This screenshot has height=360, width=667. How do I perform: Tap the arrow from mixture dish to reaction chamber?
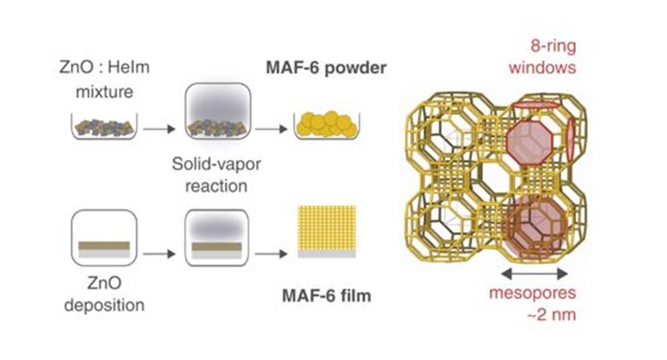(157, 130)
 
